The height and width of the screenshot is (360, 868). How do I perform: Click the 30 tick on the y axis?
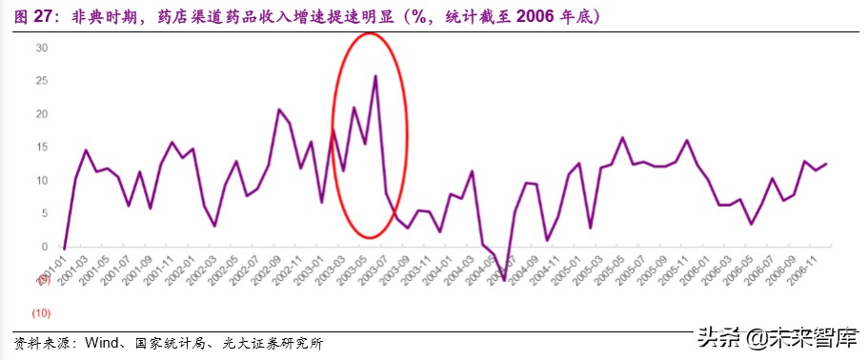point(42,48)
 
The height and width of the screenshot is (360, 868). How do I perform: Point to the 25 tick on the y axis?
point(42,81)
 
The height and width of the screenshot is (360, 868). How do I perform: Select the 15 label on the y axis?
point(42,147)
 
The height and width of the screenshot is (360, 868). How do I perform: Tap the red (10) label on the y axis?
point(42,312)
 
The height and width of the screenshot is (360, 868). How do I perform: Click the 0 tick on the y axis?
point(45,247)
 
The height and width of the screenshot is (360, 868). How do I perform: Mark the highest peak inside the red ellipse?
point(375,76)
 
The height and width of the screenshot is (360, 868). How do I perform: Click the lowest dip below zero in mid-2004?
point(504,280)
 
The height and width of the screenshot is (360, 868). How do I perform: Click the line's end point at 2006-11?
point(826,164)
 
